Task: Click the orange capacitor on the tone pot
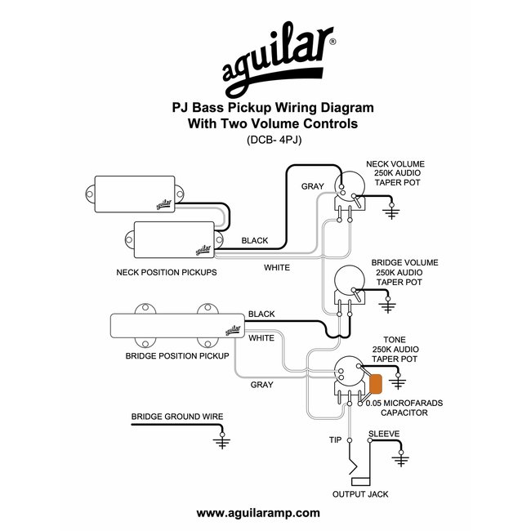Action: [x=377, y=384]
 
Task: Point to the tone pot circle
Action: [x=352, y=375]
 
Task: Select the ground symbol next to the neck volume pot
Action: [x=392, y=213]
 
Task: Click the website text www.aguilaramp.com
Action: [x=258, y=512]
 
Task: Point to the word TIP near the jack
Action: [x=335, y=440]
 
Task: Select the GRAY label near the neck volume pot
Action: [x=313, y=186]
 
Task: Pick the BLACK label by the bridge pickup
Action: [x=261, y=314]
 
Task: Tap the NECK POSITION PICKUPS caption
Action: [x=167, y=272]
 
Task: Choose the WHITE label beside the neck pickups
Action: [x=275, y=266]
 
